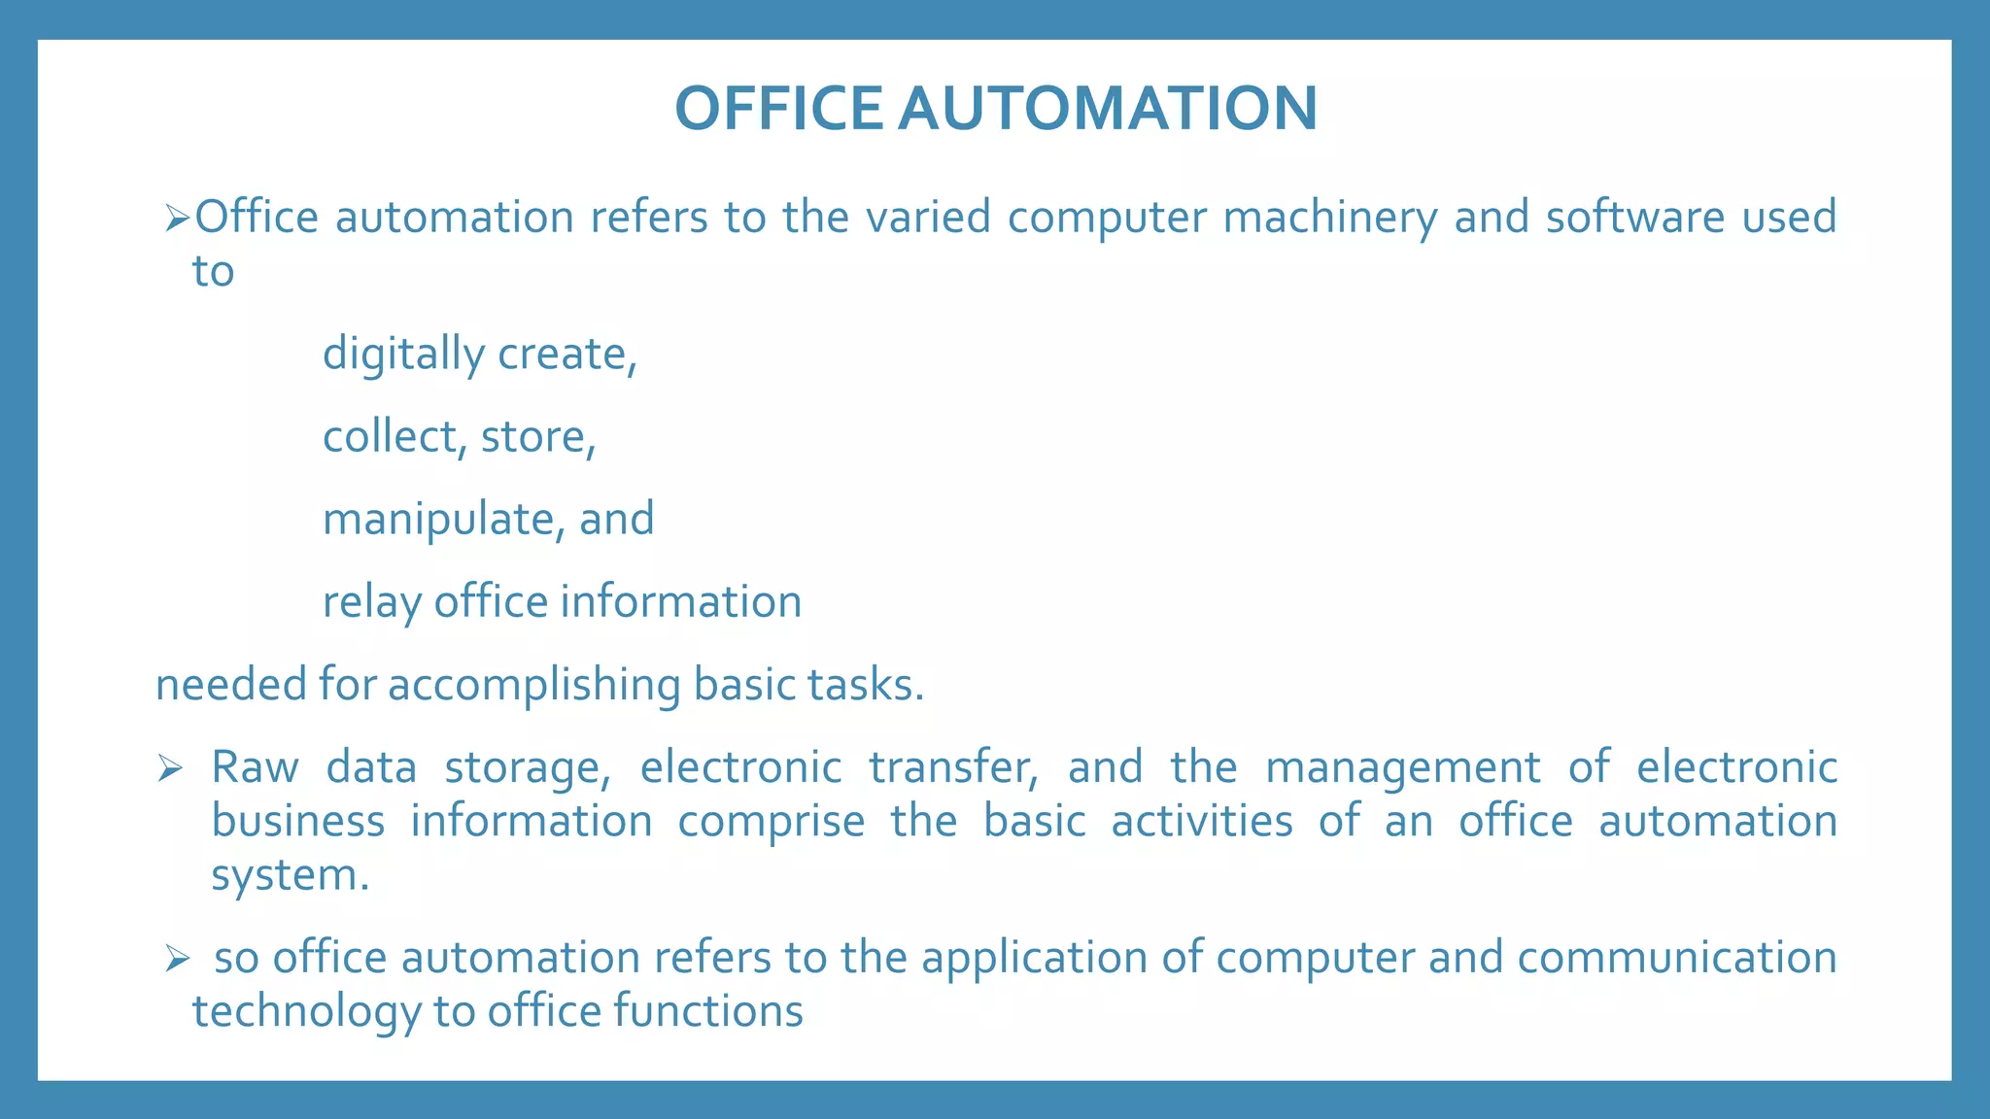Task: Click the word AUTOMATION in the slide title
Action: point(1108,108)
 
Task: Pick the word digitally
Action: point(402,355)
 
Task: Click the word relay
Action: point(372,602)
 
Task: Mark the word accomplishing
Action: point(533,685)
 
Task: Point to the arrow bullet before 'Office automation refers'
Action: point(177,218)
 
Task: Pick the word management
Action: point(1403,768)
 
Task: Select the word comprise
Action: point(771,822)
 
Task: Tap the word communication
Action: point(1677,958)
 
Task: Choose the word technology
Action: point(306,1011)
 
